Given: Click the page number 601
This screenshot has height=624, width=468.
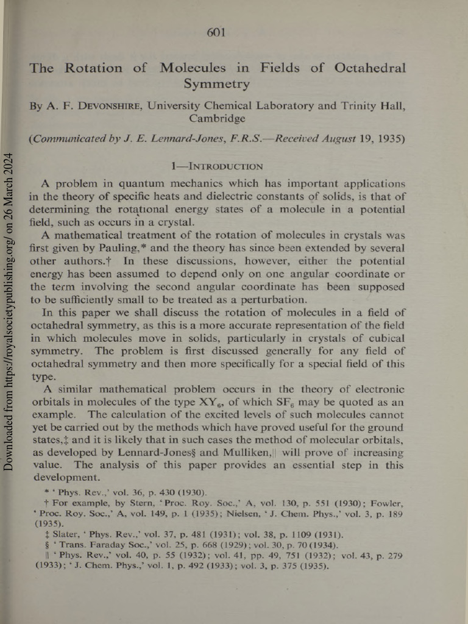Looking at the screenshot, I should (218, 32).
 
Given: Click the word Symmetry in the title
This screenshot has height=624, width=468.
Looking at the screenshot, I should (216, 83).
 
